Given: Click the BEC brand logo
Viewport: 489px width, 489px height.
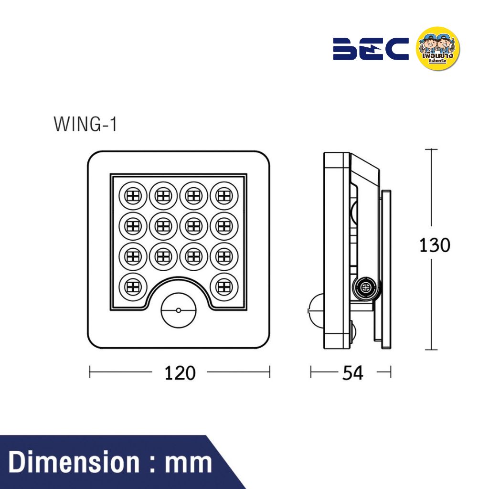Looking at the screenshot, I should [x=371, y=49].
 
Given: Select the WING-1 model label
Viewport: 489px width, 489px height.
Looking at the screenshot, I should [x=85, y=124].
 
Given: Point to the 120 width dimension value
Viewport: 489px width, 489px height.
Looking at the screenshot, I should [x=180, y=373].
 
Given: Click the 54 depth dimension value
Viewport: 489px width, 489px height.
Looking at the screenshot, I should [x=352, y=373].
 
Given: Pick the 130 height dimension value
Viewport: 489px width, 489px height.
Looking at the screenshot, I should [x=434, y=245].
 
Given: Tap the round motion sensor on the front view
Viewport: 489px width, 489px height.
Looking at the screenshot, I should [x=178, y=310].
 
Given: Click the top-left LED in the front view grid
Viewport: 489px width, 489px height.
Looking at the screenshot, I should [x=133, y=195].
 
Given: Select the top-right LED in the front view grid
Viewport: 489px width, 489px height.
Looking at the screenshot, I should [x=223, y=195].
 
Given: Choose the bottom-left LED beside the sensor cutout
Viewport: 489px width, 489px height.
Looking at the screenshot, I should [x=133, y=286].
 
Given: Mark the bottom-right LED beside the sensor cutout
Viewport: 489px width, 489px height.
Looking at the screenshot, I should [x=223, y=286].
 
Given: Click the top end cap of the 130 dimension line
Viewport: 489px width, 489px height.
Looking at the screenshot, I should [x=431, y=149].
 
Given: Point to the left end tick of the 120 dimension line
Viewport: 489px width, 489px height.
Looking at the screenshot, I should [x=90, y=372].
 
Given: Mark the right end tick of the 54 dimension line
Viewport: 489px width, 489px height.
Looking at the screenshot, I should [x=391, y=372].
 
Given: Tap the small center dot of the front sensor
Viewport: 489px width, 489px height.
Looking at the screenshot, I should [x=178, y=310].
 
